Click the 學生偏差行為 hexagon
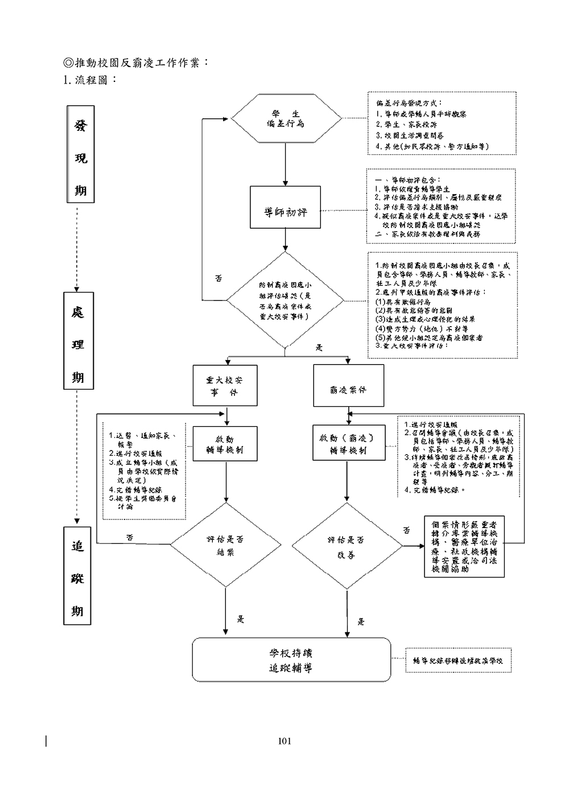pyautogui.click(x=286, y=119)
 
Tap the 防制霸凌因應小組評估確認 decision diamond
pyautogui.click(x=285, y=300)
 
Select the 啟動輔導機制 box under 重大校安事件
pyautogui.click(x=225, y=444)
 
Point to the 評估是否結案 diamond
pyautogui.click(x=226, y=546)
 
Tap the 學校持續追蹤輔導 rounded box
pyautogui.click(x=291, y=660)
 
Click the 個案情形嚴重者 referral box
pyautogui.click(x=464, y=546)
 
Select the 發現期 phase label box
pyautogui.click(x=80, y=154)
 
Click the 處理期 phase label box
pyautogui.click(x=78, y=340)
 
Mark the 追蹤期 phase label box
pyautogui.click(x=77, y=575)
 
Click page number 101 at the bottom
pyautogui.click(x=284, y=741)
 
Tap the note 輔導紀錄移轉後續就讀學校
pyautogui.click(x=458, y=660)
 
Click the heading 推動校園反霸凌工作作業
pyautogui.click(x=137, y=62)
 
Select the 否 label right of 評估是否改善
pyautogui.click(x=406, y=530)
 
